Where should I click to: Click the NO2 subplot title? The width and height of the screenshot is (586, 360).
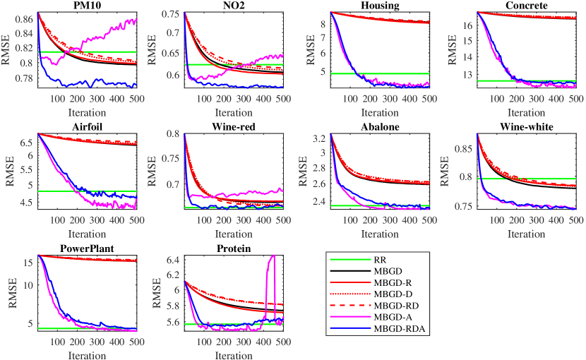click(232, 5)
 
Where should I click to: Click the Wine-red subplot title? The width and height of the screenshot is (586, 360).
click(232, 127)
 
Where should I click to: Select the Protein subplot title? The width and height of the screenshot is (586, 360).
click(232, 248)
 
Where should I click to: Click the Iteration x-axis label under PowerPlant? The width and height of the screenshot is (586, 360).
click(86, 354)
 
